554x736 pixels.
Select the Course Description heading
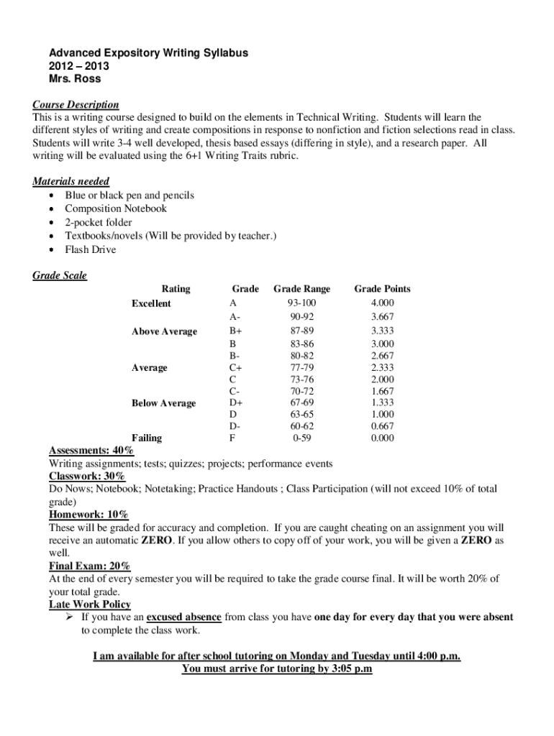76,104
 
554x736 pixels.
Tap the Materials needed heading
71,182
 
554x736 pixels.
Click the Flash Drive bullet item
90,249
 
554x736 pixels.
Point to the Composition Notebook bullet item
115,208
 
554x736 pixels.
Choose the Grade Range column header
301,289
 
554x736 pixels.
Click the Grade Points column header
382,289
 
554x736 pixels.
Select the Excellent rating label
151,303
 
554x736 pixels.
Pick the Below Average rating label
163,403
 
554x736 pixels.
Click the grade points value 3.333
382,331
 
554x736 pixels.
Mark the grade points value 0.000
382,437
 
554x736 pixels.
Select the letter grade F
232,437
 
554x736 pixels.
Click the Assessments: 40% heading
91,451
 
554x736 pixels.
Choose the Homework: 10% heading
88,515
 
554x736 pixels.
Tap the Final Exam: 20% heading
89,566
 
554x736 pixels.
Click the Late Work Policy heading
90,604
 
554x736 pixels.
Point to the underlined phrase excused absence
183,617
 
